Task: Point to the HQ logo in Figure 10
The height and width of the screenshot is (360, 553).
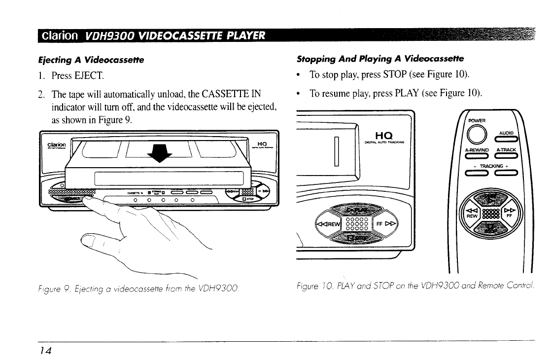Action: coord(383,134)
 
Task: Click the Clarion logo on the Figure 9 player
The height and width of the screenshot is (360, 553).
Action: coord(57,145)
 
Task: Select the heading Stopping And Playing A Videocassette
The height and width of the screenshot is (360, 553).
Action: coord(380,59)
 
